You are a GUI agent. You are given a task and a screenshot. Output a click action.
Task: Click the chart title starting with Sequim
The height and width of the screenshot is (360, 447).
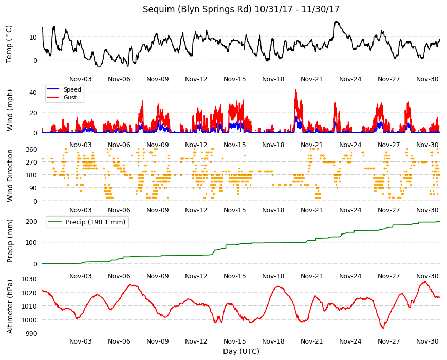(241, 9)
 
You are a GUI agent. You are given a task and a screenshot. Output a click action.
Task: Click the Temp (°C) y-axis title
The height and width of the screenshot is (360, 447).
(9, 44)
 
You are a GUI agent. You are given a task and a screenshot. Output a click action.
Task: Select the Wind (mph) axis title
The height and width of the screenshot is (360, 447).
(10, 110)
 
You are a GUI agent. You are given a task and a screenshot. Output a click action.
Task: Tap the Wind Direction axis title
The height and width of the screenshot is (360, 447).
(10, 175)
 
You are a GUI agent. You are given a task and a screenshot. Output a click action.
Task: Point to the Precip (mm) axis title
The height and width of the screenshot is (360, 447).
(10, 241)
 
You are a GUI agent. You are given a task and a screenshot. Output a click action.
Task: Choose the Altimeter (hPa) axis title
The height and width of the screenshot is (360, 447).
(10, 307)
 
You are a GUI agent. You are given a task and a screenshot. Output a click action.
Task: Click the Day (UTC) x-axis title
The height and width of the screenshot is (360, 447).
(241, 351)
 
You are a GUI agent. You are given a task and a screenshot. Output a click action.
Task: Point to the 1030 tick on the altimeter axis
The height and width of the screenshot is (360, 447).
(29, 279)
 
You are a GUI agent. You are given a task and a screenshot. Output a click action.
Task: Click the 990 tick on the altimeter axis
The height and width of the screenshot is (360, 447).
(31, 333)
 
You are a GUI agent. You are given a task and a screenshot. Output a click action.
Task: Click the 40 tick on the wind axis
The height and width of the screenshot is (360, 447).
(33, 93)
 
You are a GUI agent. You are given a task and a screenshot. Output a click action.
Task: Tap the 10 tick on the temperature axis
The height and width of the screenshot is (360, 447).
(33, 37)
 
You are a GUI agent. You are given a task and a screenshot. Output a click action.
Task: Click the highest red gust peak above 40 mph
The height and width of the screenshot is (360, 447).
(295, 90)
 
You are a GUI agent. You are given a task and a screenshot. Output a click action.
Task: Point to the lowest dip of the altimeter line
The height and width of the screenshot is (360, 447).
(383, 328)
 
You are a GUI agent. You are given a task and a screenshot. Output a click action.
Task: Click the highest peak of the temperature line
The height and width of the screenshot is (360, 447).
(337, 21)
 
